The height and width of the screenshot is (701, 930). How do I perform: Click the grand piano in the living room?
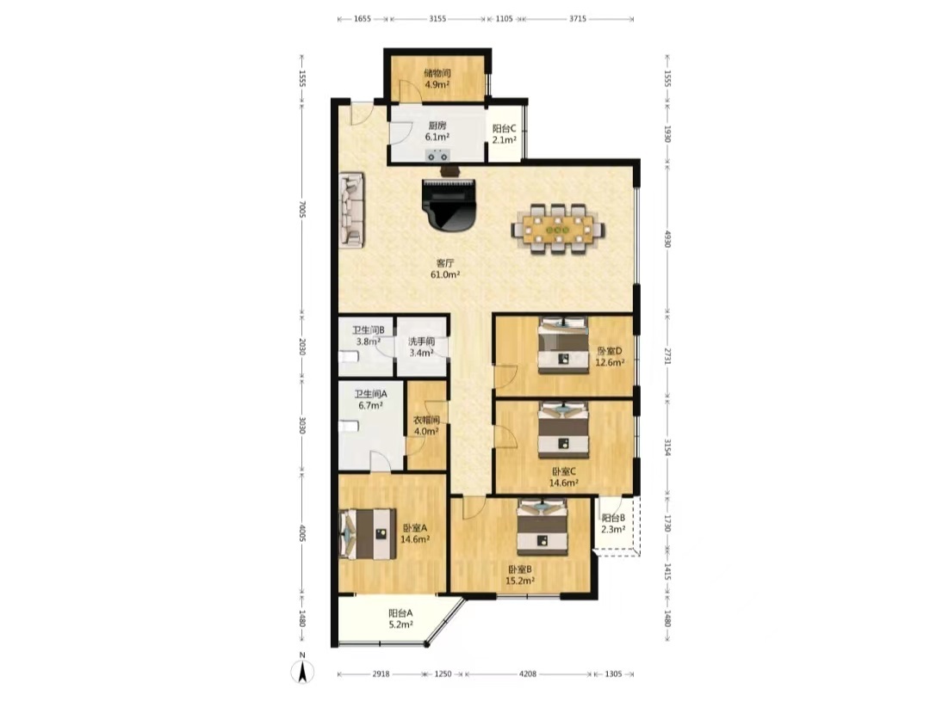pos(449,205)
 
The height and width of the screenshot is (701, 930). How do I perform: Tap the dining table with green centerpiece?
pos(558,229)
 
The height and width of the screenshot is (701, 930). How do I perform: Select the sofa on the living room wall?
pos(351,209)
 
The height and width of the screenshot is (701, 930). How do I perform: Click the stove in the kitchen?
pos(437,156)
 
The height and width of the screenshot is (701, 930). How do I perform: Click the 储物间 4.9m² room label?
pos(437,78)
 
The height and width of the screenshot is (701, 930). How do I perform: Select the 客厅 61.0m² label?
pos(445,268)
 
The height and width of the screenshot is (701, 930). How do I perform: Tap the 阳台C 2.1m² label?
pos(504,134)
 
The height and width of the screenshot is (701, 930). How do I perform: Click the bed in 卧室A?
pos(368,534)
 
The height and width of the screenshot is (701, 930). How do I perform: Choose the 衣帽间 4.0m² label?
pos(426,426)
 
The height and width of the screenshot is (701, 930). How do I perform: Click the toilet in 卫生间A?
pos(349,426)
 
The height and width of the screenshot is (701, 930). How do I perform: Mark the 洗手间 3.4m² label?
pos(422,347)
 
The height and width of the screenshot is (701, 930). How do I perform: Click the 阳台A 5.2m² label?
pos(401,618)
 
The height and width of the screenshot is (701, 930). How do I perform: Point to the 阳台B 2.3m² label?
pos(613,523)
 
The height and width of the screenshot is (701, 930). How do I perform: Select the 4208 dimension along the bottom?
pos(527,673)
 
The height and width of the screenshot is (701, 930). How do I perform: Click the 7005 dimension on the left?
pos(302,209)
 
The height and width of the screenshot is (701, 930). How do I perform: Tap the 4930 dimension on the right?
pos(667,239)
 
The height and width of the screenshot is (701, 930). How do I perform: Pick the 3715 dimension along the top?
pos(578,18)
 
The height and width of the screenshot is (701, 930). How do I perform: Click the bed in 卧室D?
pos(563,345)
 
